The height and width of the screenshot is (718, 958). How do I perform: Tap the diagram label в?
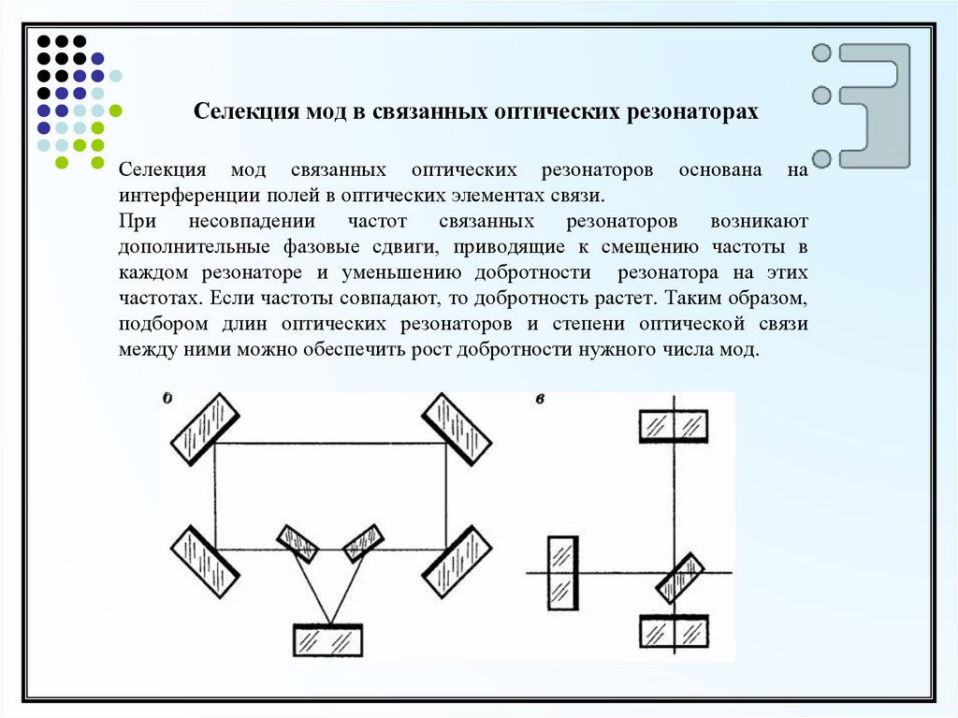click(541, 399)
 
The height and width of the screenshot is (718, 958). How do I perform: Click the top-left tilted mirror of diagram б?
click(203, 427)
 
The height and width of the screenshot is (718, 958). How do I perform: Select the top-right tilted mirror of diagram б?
click(457, 428)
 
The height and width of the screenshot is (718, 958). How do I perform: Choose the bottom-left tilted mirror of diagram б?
click(202, 562)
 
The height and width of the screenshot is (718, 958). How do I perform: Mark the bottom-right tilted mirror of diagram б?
click(457, 562)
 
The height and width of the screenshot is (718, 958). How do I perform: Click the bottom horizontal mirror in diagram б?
click(328, 640)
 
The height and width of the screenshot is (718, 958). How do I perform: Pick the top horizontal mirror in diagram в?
click(674, 426)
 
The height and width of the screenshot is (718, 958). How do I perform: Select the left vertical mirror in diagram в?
click(563, 572)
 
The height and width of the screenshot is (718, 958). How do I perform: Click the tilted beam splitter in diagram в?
click(680, 578)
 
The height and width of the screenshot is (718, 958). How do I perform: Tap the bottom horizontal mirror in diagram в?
click(674, 631)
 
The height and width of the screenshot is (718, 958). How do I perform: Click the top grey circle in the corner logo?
click(822, 52)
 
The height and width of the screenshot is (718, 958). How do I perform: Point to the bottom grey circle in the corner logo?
click(822, 157)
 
